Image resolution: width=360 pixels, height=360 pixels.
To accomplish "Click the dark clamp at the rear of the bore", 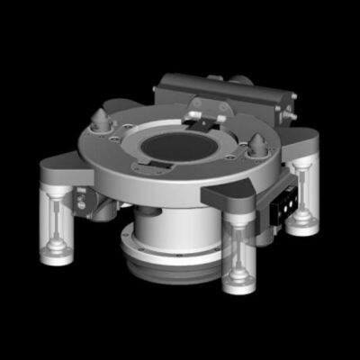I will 206,115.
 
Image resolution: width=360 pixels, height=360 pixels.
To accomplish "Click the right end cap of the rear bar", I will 288,106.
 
